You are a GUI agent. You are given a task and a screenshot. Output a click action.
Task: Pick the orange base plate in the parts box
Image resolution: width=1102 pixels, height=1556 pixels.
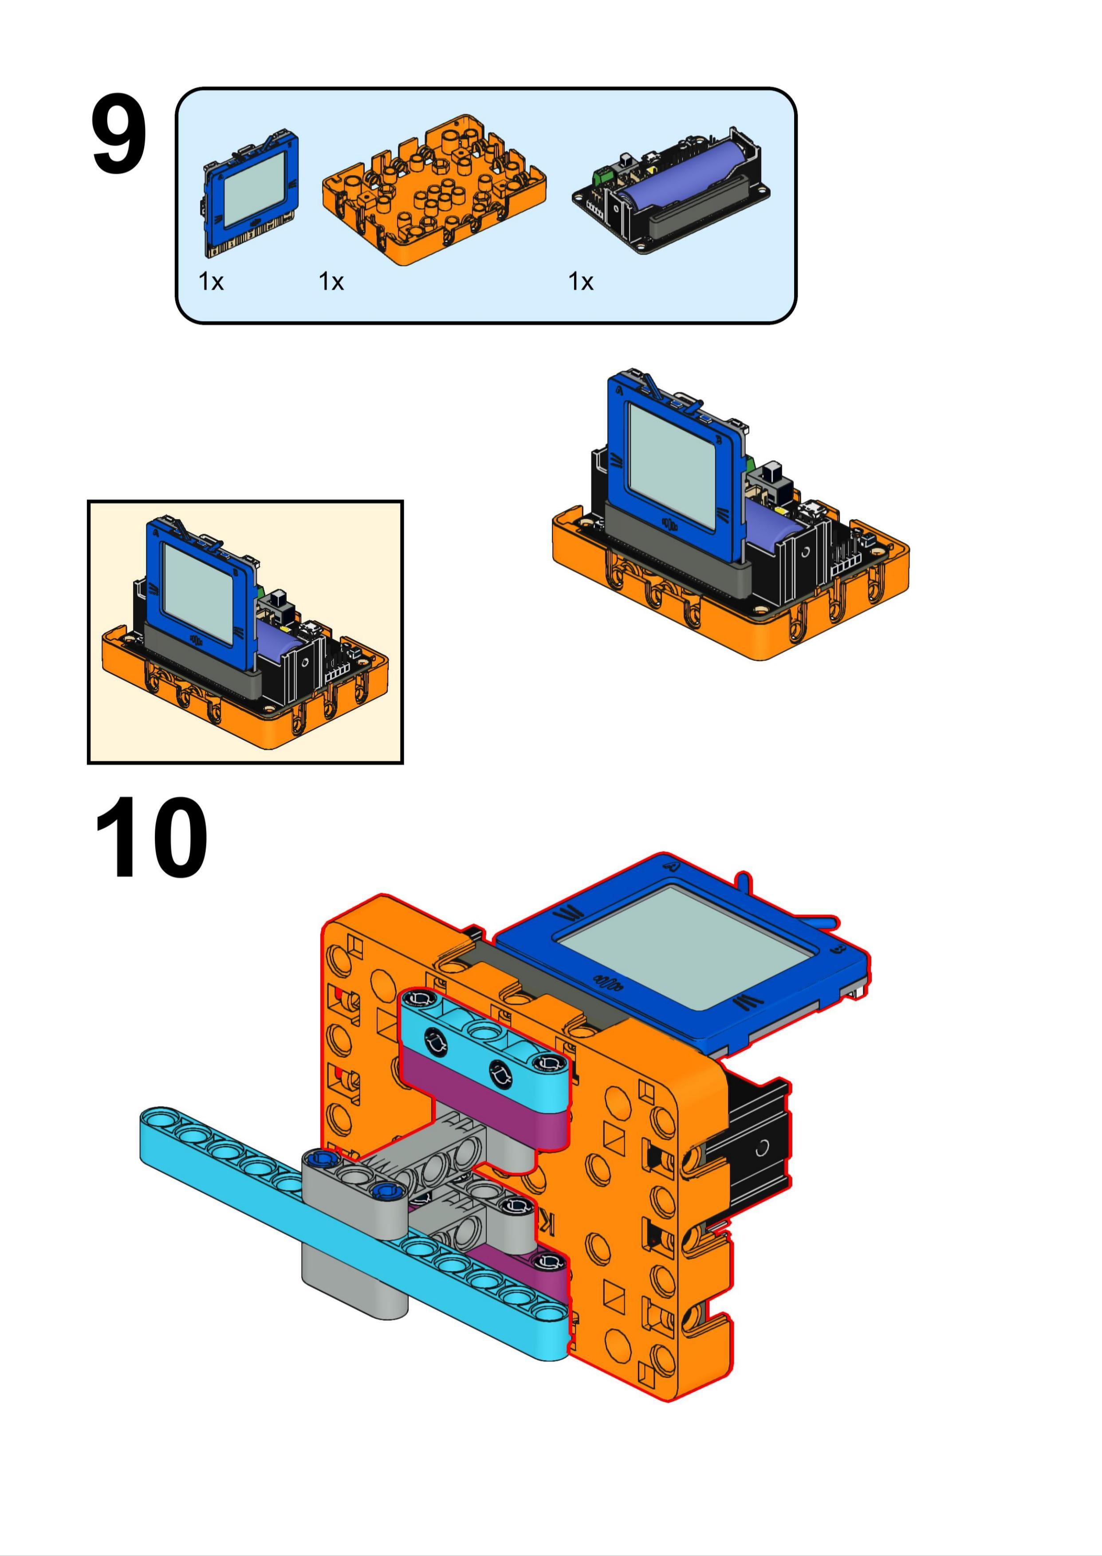tap(434, 190)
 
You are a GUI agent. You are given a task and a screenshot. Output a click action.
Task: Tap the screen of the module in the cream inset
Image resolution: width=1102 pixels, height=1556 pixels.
tap(198, 593)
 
